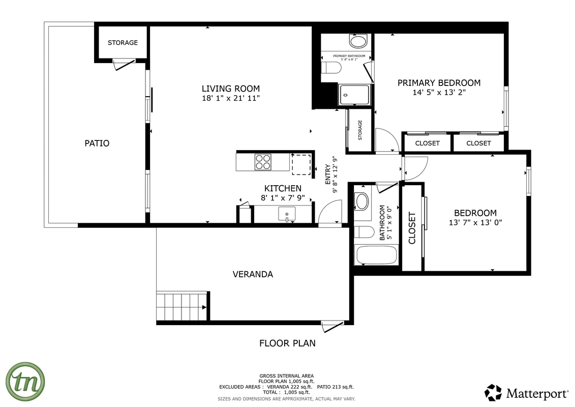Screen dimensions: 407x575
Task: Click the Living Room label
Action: point(230,88)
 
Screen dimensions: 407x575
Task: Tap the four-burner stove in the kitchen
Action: point(263,162)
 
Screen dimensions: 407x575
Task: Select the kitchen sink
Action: point(287,214)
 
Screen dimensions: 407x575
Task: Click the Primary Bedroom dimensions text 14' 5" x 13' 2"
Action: point(439,93)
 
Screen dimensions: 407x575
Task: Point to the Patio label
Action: point(97,143)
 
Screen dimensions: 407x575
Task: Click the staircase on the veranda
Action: point(181,306)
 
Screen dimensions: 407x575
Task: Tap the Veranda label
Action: point(253,274)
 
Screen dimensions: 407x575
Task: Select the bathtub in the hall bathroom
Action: point(377,254)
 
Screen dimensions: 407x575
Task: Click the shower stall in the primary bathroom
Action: point(354,95)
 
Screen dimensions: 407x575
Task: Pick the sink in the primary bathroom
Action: point(358,41)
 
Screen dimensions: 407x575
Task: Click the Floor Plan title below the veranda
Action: point(287,343)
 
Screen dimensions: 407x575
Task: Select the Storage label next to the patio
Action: point(123,43)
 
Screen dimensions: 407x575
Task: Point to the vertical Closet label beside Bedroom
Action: point(412,227)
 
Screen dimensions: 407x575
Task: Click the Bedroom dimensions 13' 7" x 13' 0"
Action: point(475,222)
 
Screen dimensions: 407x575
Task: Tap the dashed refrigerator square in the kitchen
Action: point(300,164)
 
